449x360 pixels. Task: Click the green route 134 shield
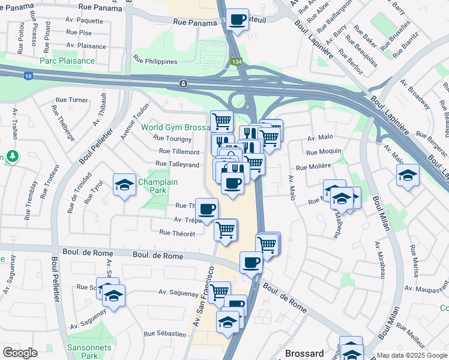click(x=238, y=62)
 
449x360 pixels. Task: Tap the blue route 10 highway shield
click(x=29, y=76)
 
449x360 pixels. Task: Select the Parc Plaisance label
click(x=67, y=61)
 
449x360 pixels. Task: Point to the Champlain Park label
click(x=151, y=186)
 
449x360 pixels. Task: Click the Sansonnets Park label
click(x=81, y=350)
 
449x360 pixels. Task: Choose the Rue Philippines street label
click(x=155, y=61)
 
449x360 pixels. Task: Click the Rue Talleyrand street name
click(x=177, y=164)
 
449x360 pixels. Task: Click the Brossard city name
click(x=304, y=353)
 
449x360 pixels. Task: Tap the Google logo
click(x=20, y=353)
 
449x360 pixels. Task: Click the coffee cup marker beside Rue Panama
click(x=238, y=19)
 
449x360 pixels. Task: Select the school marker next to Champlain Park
click(x=124, y=185)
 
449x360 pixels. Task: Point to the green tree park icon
click(x=13, y=156)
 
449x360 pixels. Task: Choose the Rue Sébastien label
click(x=165, y=333)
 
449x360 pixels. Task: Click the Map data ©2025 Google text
click(x=411, y=355)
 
